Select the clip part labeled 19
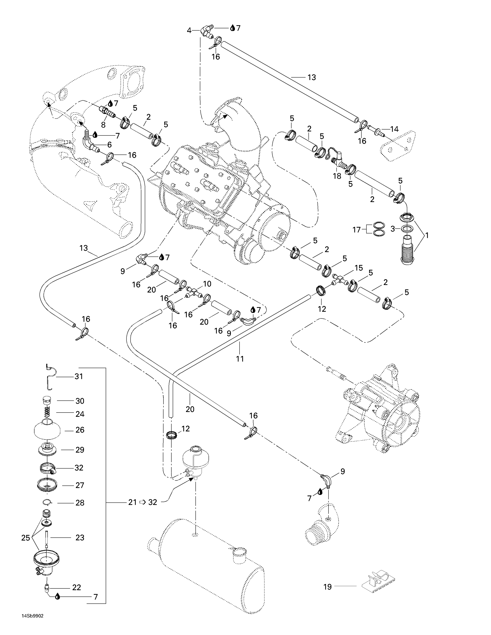tap(379, 581)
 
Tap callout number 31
tap(79, 377)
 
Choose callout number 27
tap(80, 485)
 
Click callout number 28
tap(80, 503)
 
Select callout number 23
tap(80, 538)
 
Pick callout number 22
tap(76, 587)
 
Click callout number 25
tap(26, 538)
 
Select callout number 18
tap(337, 176)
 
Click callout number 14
tap(394, 129)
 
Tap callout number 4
tap(189, 30)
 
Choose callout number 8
tap(103, 125)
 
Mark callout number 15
tap(359, 268)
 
